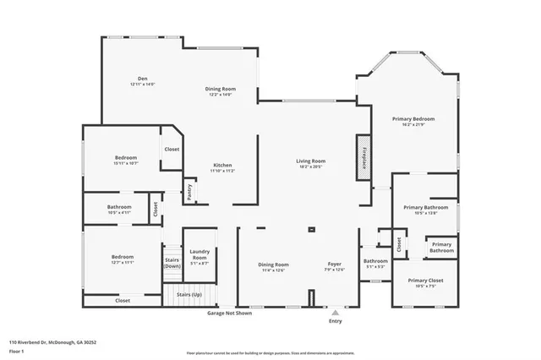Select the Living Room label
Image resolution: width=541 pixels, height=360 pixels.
tap(310, 163)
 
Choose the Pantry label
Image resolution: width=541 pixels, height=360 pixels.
tap(189, 194)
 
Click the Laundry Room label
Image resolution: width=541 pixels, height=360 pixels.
tap(199, 254)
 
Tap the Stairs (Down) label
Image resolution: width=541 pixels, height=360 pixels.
tap(172, 263)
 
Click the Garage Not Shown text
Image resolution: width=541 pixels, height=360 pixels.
tap(229, 314)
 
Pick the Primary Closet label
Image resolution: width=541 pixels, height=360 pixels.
tap(424, 282)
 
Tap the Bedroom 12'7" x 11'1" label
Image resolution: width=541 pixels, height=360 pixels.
tap(123, 259)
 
